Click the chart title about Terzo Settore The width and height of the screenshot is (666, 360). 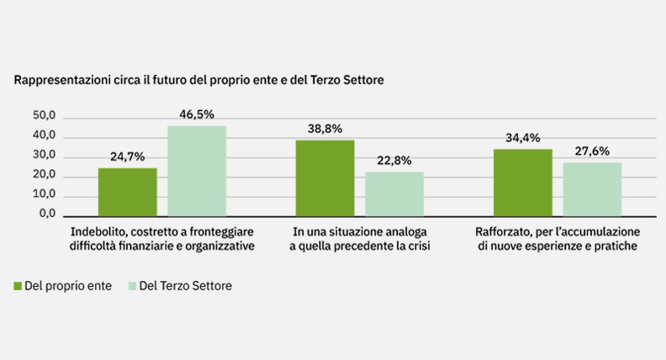pyautogui.click(x=198, y=81)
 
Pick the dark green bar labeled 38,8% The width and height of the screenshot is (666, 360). pyautogui.click(x=325, y=178)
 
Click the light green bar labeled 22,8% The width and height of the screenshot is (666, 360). pyautogui.click(x=394, y=193)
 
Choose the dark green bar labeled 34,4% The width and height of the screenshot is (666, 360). pyautogui.click(x=522, y=183)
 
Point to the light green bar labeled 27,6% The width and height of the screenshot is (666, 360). pyautogui.click(x=591, y=189)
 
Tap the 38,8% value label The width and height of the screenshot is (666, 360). pyautogui.click(x=325, y=130)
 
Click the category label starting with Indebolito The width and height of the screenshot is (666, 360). pyautogui.click(x=162, y=238)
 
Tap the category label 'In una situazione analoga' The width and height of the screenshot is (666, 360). pyautogui.click(x=359, y=238)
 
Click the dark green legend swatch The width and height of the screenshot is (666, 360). pyautogui.click(x=18, y=286)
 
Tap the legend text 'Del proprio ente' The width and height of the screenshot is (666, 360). pyautogui.click(x=68, y=286)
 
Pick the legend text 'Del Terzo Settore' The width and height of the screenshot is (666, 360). pyautogui.click(x=184, y=286)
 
